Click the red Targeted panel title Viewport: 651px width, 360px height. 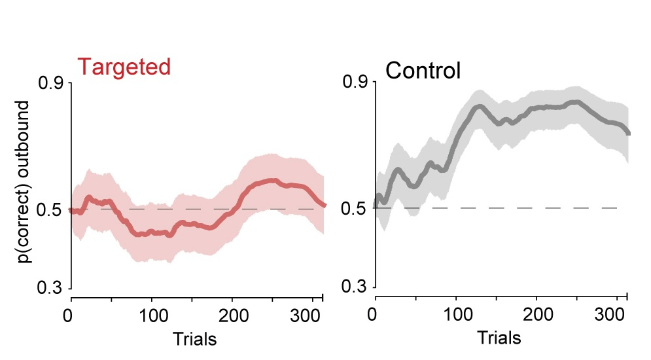pyautogui.click(x=124, y=67)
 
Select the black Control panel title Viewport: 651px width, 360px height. pyautogui.click(x=423, y=70)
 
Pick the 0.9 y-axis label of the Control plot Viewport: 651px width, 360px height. pyautogui.click(x=355, y=83)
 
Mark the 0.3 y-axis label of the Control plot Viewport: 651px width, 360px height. pyautogui.click(x=355, y=287)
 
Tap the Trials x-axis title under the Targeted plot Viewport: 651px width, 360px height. pyautogui.click(x=194, y=339)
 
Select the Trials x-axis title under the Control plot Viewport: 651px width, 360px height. pyautogui.click(x=499, y=338)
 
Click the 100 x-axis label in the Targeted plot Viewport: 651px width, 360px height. pyautogui.click(x=151, y=314)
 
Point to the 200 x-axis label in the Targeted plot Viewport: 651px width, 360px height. pyautogui.click(x=232, y=314)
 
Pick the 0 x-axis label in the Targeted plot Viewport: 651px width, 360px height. pyautogui.click(x=70, y=314)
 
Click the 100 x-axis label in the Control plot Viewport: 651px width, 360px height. pyautogui.click(x=456, y=314)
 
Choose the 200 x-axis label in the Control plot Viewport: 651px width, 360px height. pyautogui.click(x=537, y=314)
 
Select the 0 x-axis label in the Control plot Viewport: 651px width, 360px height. pyautogui.click(x=374, y=314)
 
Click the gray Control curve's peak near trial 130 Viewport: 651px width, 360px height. pyautogui.click(x=479, y=107)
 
